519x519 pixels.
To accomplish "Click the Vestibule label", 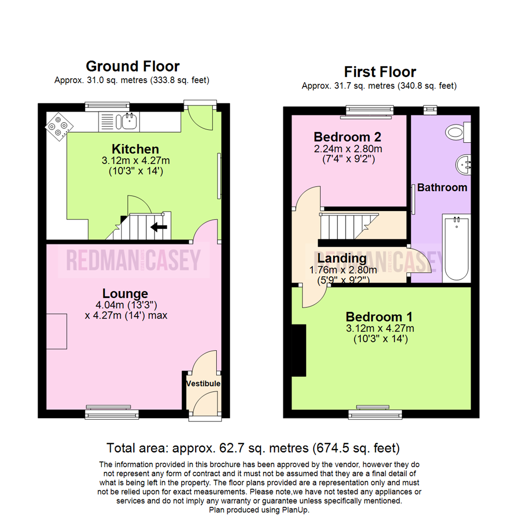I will tap(204, 383).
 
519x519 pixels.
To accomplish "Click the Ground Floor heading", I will tap(132, 66).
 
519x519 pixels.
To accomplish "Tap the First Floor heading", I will tap(380, 72).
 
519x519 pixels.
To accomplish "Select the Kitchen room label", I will tap(136, 149).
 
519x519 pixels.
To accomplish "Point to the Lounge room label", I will tap(125, 293).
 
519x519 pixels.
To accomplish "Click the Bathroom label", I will tap(442, 187).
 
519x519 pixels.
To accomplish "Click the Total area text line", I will tap(253, 448).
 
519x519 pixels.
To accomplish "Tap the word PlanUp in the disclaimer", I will tap(297, 510).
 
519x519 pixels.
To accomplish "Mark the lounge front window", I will tap(112, 413).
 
